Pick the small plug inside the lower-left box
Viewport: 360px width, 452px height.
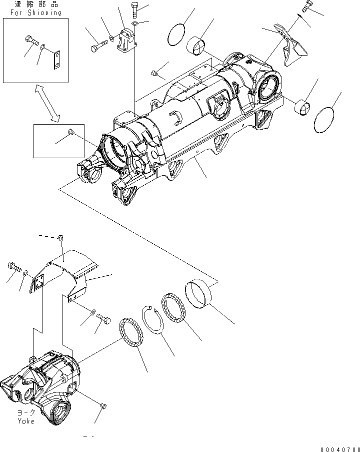point(70,133)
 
